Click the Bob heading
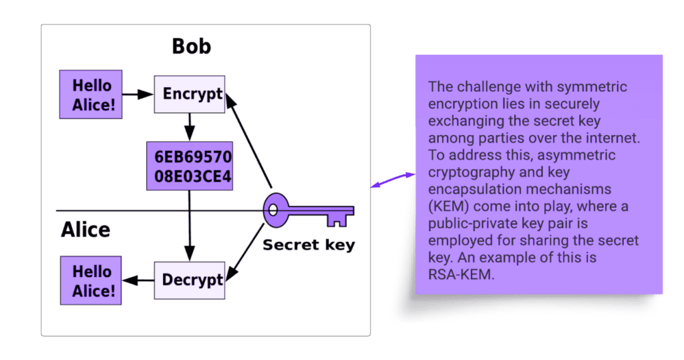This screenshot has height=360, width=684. [191, 46]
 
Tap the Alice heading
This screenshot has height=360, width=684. [85, 230]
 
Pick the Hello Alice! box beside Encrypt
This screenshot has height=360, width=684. [92, 94]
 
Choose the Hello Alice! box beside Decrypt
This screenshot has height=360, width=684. [92, 281]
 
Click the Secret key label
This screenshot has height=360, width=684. [309, 245]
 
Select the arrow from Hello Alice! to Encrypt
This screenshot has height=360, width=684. [138, 94]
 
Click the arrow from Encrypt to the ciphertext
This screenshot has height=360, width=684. [190, 127]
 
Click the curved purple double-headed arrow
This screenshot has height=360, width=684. [393, 180]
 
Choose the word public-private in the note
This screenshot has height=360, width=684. [470, 224]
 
